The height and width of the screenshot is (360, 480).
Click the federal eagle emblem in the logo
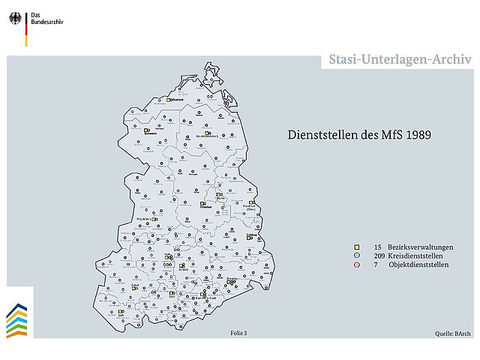point(15,15)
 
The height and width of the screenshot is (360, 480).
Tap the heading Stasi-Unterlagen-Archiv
point(400,60)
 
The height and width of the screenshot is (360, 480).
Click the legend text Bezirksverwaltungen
point(421,247)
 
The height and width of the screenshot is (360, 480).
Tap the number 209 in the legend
point(377,256)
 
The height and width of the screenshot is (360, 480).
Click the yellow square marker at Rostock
point(169,99)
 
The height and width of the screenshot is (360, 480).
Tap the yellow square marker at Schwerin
point(146,130)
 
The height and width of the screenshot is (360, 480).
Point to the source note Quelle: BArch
point(452,332)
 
